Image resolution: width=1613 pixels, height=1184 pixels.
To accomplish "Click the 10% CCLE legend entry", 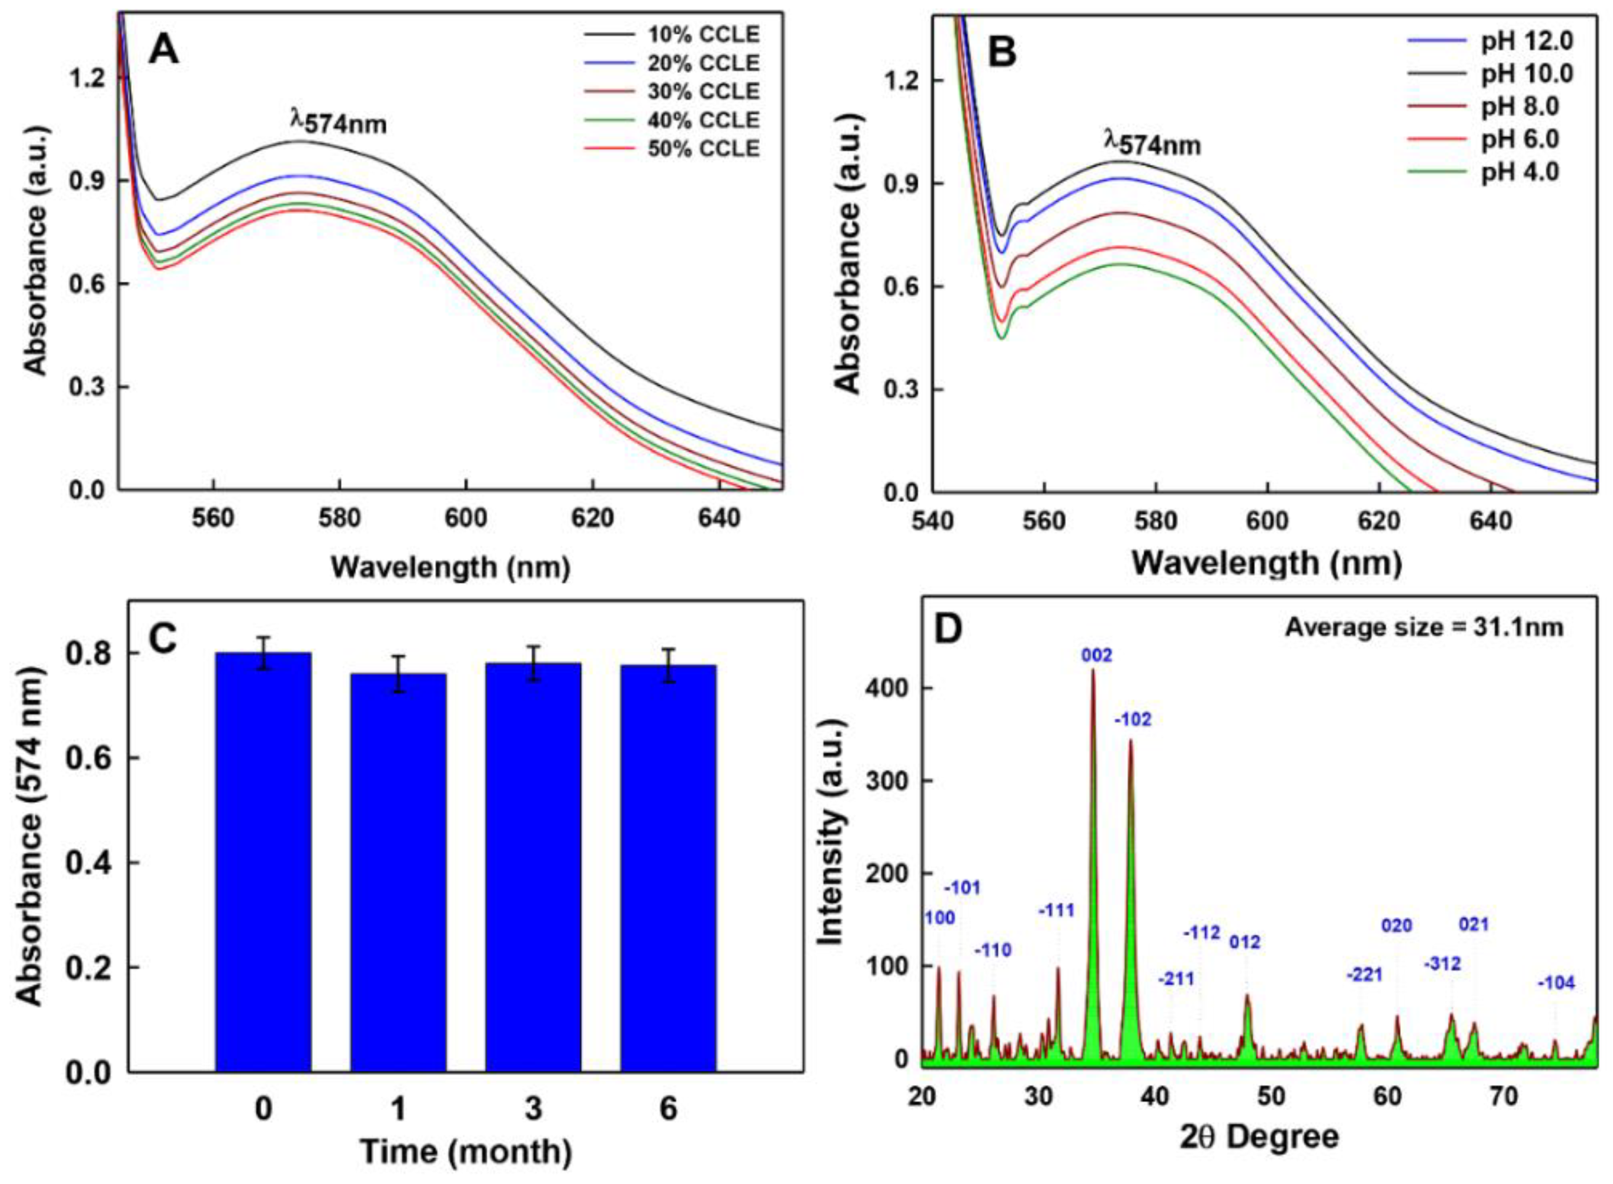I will pyautogui.click(x=703, y=35).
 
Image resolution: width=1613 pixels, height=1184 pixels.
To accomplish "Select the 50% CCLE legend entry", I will pyautogui.click(x=703, y=148).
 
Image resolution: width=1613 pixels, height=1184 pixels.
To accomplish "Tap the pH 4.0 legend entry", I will pyautogui.click(x=1520, y=172).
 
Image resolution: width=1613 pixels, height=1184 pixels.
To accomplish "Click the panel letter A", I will pyautogui.click(x=163, y=52).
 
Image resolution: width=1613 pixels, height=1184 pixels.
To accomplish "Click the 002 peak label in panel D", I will pyautogui.click(x=1097, y=655).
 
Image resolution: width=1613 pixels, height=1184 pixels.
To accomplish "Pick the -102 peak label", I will pyautogui.click(x=1133, y=720).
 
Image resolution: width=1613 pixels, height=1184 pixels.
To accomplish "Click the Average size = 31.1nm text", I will pyautogui.click(x=1424, y=628).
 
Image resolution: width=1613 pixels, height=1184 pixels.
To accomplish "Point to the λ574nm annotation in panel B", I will pyautogui.click(x=1151, y=144).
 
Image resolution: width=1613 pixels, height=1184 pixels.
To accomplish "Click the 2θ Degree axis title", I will pyautogui.click(x=1259, y=1137).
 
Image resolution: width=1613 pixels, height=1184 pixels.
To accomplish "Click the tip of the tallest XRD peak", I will pyautogui.click(x=1093, y=670).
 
